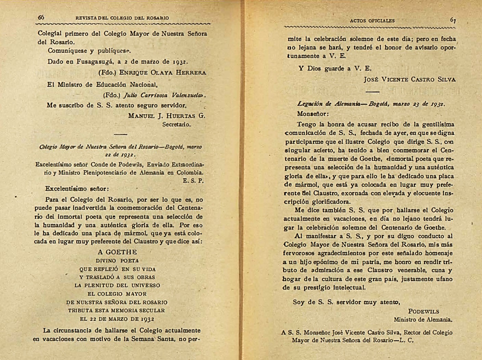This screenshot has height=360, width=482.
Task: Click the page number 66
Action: point(41,17)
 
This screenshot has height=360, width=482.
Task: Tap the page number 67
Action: point(453,20)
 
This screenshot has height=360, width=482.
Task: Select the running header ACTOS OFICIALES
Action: point(372,21)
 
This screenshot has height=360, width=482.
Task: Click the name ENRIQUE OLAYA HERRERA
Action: point(162,73)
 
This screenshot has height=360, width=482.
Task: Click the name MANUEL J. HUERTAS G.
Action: point(166,116)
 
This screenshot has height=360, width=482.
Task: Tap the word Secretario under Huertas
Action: point(176,125)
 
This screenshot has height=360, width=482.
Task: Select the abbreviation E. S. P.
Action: point(193,181)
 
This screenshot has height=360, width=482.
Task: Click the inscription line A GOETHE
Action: point(117,252)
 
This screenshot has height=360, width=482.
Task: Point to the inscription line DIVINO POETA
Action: point(117,261)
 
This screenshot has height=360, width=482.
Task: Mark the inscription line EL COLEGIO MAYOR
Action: point(117,294)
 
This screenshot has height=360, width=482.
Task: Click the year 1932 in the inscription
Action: point(147,319)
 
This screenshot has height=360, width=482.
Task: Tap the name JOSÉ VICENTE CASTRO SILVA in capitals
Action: point(409,79)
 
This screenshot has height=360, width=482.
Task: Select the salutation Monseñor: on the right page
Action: point(313,114)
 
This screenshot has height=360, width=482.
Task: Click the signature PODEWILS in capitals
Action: point(423,311)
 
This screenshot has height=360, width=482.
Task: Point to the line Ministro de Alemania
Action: point(423,320)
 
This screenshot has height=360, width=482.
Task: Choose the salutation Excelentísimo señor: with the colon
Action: point(77,189)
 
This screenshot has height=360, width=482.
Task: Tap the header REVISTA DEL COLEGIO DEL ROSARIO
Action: point(122,18)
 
